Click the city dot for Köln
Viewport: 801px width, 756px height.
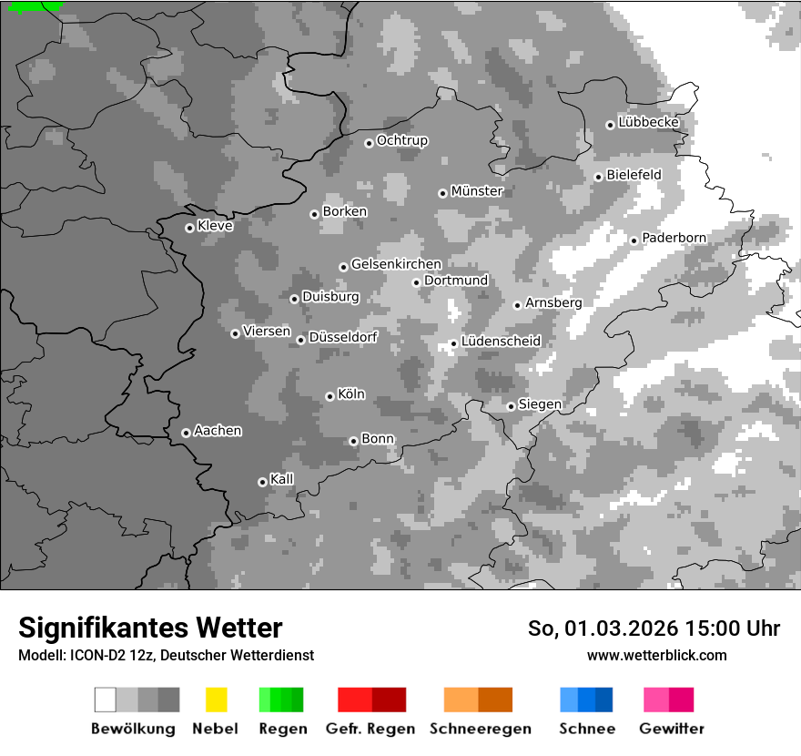point(330,396)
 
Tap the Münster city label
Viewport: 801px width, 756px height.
point(477,191)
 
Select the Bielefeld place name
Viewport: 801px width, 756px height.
point(634,174)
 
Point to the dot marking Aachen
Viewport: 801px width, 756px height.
point(186,433)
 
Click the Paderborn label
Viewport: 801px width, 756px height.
point(674,238)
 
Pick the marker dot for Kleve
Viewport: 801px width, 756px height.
point(189,228)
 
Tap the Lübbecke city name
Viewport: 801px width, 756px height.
point(648,122)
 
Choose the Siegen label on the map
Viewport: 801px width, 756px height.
point(540,404)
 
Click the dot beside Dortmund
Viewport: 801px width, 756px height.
point(416,282)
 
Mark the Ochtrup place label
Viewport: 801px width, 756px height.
point(401,140)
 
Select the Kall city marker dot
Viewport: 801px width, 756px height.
point(262,482)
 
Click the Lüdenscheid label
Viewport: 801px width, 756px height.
point(501,341)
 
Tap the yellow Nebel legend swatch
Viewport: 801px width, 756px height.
point(216,700)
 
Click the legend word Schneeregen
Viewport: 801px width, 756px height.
point(480,729)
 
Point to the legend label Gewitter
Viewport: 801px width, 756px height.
point(671,729)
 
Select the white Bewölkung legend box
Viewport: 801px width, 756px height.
point(105,700)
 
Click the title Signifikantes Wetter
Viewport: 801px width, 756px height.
point(150,628)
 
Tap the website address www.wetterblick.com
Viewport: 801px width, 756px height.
point(656,655)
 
